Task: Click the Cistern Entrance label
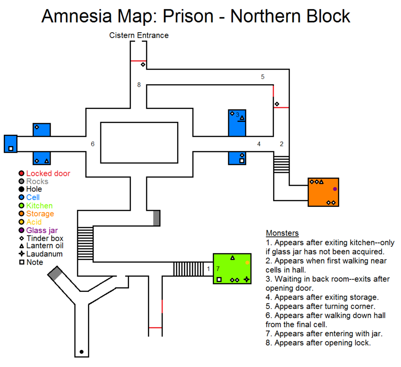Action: coord(139,35)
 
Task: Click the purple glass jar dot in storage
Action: coord(335,189)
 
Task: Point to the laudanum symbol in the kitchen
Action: coord(246,279)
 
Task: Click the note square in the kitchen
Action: coord(219,279)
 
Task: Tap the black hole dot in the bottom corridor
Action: coord(81,352)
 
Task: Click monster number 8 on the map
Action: coord(139,85)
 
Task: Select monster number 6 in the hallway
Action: coord(93,144)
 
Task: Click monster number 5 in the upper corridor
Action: coord(262,77)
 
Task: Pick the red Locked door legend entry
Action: coord(48,173)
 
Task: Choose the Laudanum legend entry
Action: coord(44,254)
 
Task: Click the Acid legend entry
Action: coord(34,222)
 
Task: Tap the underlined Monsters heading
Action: coord(282,233)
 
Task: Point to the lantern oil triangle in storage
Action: coord(321,182)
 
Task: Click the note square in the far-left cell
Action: coord(11,149)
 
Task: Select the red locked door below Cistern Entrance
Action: coord(139,61)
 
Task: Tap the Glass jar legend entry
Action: coord(42,231)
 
